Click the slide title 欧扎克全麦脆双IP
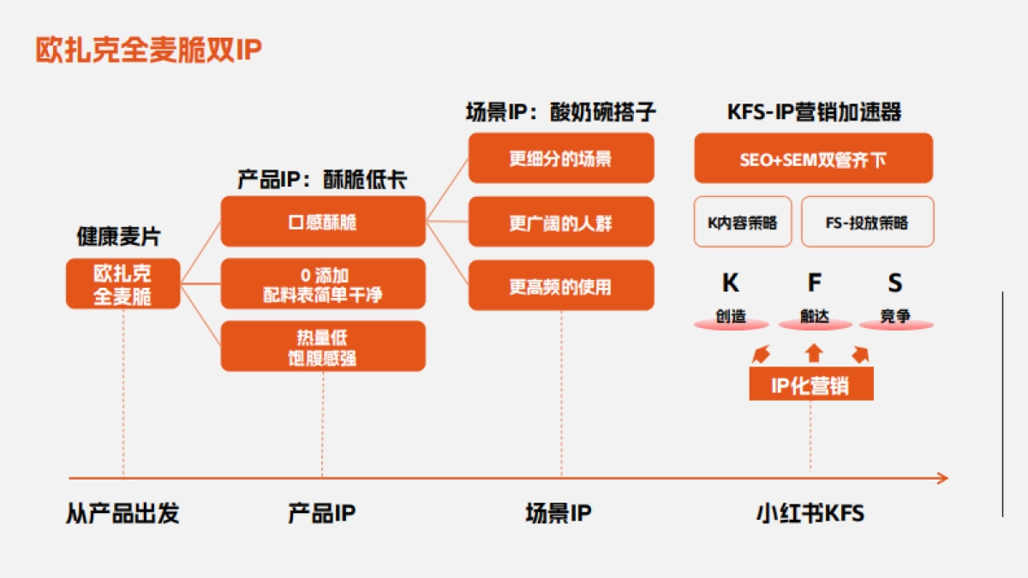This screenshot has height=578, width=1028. click(x=147, y=50)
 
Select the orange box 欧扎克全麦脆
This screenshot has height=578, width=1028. click(x=123, y=284)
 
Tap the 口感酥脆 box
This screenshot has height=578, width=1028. click(x=323, y=222)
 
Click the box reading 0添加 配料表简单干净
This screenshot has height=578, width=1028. click(x=323, y=284)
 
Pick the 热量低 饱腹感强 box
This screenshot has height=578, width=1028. click(x=323, y=346)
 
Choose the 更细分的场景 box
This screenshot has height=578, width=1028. click(x=561, y=158)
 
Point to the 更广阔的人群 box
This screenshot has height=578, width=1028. click(x=561, y=222)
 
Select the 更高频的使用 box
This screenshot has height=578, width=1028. click(x=561, y=285)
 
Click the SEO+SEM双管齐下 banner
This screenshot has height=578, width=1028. click(x=813, y=158)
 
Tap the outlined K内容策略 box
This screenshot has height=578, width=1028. click(x=743, y=222)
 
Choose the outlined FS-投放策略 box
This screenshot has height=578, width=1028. click(x=867, y=222)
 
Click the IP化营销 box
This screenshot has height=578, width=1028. click(x=810, y=385)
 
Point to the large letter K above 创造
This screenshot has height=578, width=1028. click(x=731, y=283)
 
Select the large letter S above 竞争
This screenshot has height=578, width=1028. click(x=894, y=283)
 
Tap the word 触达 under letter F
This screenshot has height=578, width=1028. click(x=815, y=316)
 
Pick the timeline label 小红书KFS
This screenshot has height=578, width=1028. click(x=810, y=514)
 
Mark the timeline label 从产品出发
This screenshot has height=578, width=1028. click(x=123, y=514)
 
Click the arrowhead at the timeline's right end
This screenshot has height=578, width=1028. click(x=942, y=478)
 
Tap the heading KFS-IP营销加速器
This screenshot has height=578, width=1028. click(x=814, y=112)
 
